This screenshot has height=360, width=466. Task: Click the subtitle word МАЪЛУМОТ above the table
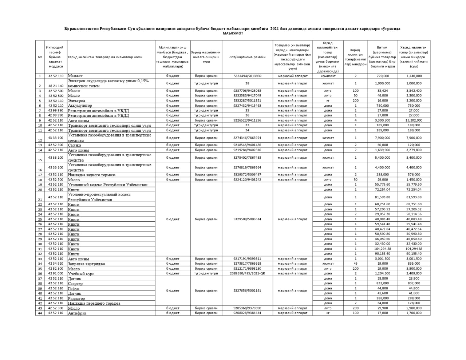233,33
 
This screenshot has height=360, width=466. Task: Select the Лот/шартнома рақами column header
248,57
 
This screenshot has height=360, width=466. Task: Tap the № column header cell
40,57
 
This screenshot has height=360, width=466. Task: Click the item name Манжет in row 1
75,76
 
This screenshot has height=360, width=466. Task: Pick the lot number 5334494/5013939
248,76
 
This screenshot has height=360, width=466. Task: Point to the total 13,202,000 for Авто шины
414,120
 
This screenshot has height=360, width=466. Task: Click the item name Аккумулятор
80,106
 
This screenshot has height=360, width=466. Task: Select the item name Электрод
76,101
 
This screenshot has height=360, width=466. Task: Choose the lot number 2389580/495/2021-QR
248,273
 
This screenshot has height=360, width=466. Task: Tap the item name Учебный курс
81,274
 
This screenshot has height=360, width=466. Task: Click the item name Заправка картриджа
86,264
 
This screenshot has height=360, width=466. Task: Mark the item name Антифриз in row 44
77,313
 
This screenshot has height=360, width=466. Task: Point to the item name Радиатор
76,298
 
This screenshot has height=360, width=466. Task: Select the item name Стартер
75,284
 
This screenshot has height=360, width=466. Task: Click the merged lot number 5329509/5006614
248,219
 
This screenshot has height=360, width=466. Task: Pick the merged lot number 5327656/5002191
248,290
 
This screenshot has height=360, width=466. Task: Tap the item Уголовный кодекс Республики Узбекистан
108,185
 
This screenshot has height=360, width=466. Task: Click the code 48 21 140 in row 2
56,86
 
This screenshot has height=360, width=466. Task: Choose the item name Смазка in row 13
75,145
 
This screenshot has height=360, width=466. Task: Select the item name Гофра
74,289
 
